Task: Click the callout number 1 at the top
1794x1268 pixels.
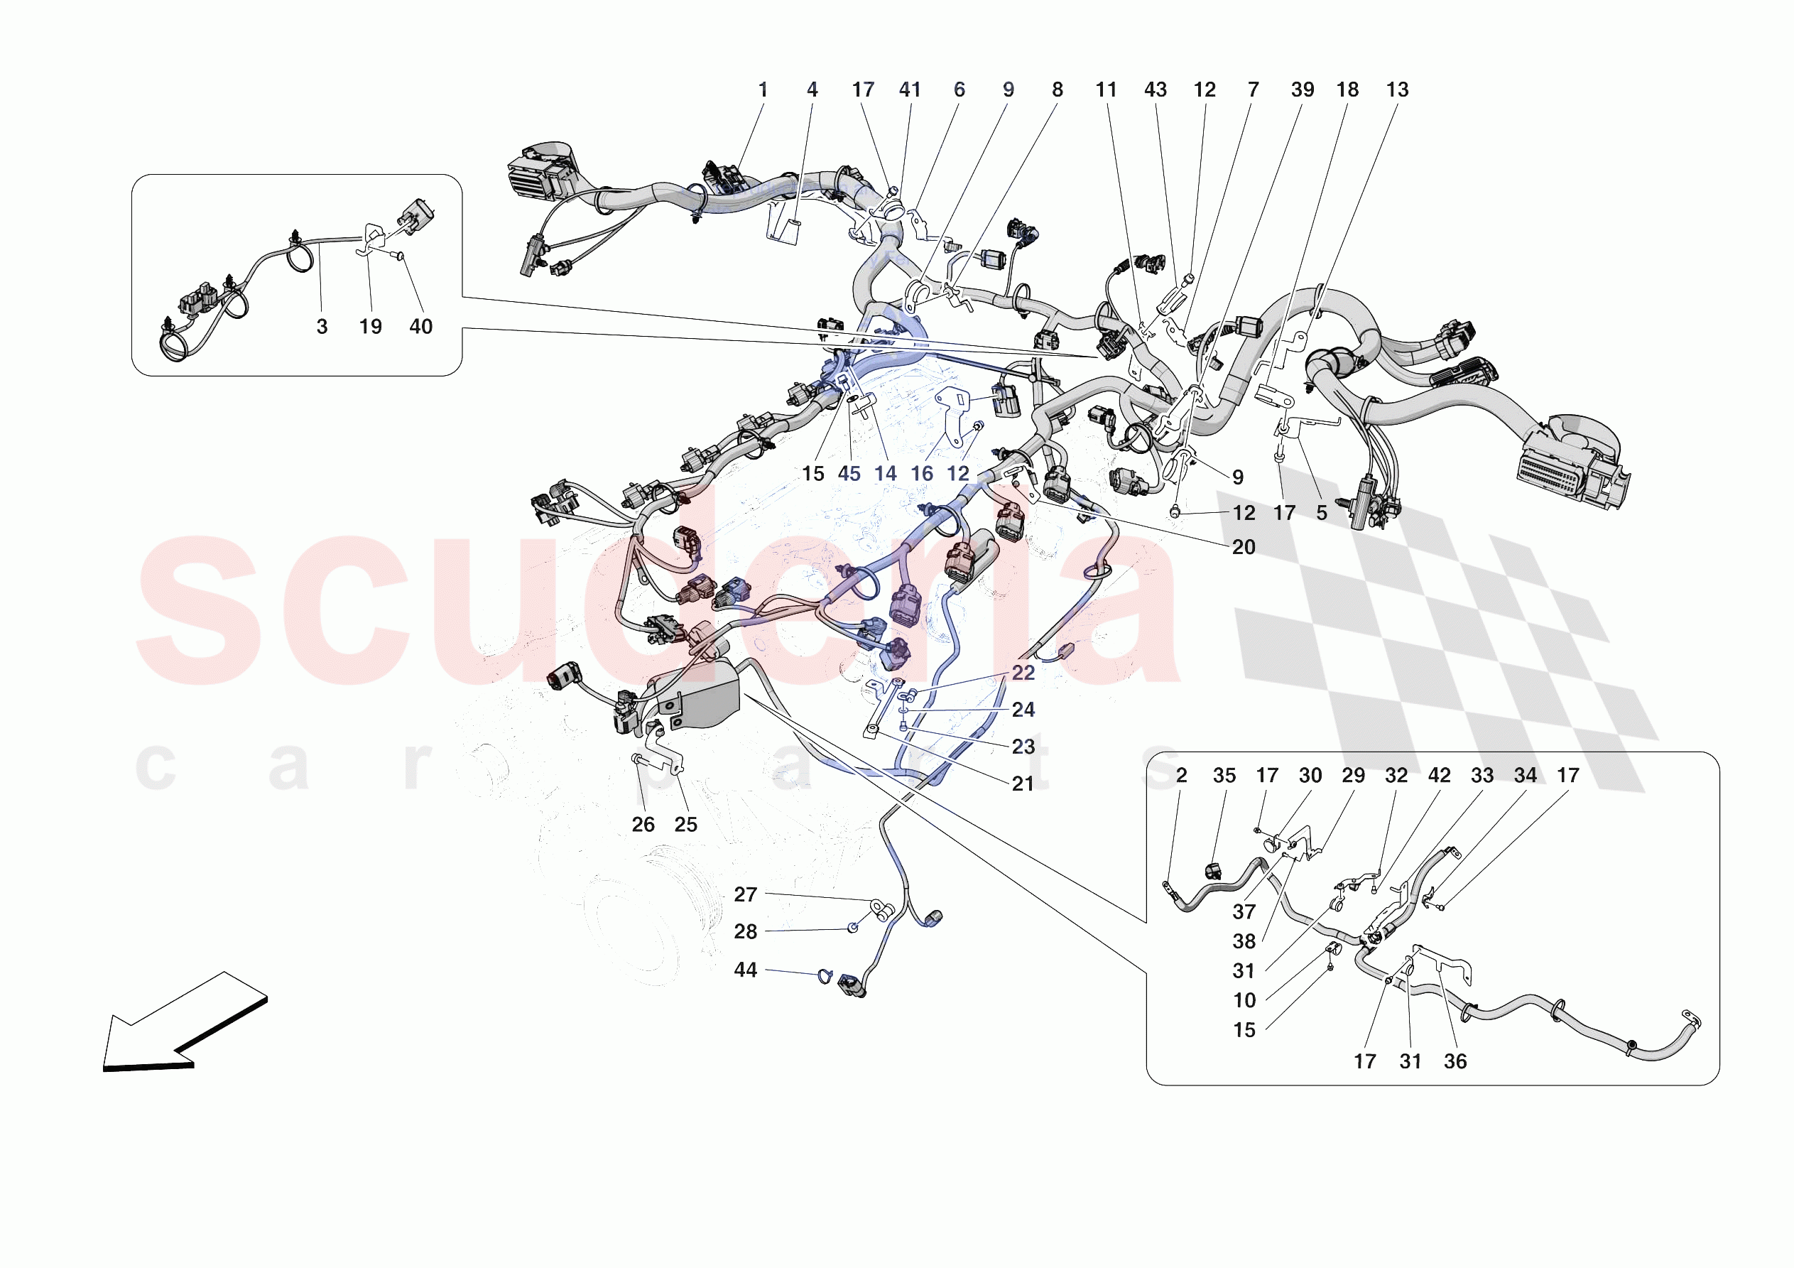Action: click(763, 90)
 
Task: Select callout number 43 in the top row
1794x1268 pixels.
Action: click(1155, 90)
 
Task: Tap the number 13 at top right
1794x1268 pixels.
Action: click(1397, 90)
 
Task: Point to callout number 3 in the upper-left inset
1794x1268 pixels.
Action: click(322, 327)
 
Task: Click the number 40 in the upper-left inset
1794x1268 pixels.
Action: click(420, 327)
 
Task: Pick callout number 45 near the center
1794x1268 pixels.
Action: click(849, 474)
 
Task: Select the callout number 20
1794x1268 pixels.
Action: click(1243, 547)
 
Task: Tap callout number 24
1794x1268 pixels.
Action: click(1023, 710)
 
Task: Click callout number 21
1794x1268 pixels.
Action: click(1023, 784)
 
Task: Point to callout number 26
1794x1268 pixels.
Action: click(643, 825)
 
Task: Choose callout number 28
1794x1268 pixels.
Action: click(746, 932)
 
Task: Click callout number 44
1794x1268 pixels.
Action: click(746, 970)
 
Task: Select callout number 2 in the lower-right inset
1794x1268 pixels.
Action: click(1181, 776)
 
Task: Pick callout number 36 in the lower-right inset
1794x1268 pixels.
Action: click(1455, 1061)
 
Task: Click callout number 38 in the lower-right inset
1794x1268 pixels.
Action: click(1244, 941)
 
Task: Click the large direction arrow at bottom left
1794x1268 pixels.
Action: click(184, 1024)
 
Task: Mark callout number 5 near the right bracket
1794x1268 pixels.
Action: click(1321, 514)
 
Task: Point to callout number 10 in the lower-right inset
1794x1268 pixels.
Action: click(1244, 1001)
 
